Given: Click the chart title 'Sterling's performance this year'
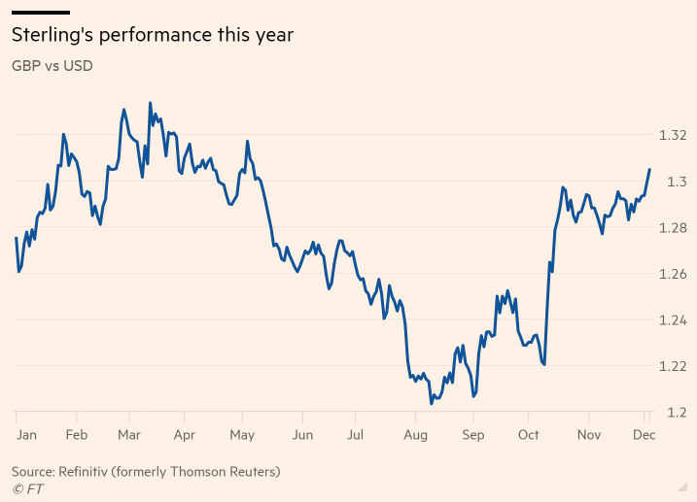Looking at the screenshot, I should coord(152,36).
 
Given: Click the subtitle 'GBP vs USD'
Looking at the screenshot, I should coord(52,67).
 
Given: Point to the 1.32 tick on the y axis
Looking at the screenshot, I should coord(672,135).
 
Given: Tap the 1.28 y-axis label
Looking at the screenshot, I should coord(672,228).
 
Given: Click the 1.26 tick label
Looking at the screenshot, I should coord(672,274).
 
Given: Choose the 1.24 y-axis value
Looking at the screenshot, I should coord(672,320).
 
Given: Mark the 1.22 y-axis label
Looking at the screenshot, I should coord(672,366).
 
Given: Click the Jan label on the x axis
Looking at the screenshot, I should coord(26,436).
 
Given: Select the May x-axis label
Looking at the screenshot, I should coord(243,436).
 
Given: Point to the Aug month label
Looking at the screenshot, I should coord(416,436).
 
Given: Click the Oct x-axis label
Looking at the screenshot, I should coord(529,436).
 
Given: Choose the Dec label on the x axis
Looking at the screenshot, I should coord(645,436).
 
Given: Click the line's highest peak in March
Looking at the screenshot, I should coord(150,102).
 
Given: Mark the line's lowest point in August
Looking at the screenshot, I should coord(431,403).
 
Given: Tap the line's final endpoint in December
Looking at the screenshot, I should coord(649,169).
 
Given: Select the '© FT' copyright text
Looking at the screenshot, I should coord(28,489).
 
